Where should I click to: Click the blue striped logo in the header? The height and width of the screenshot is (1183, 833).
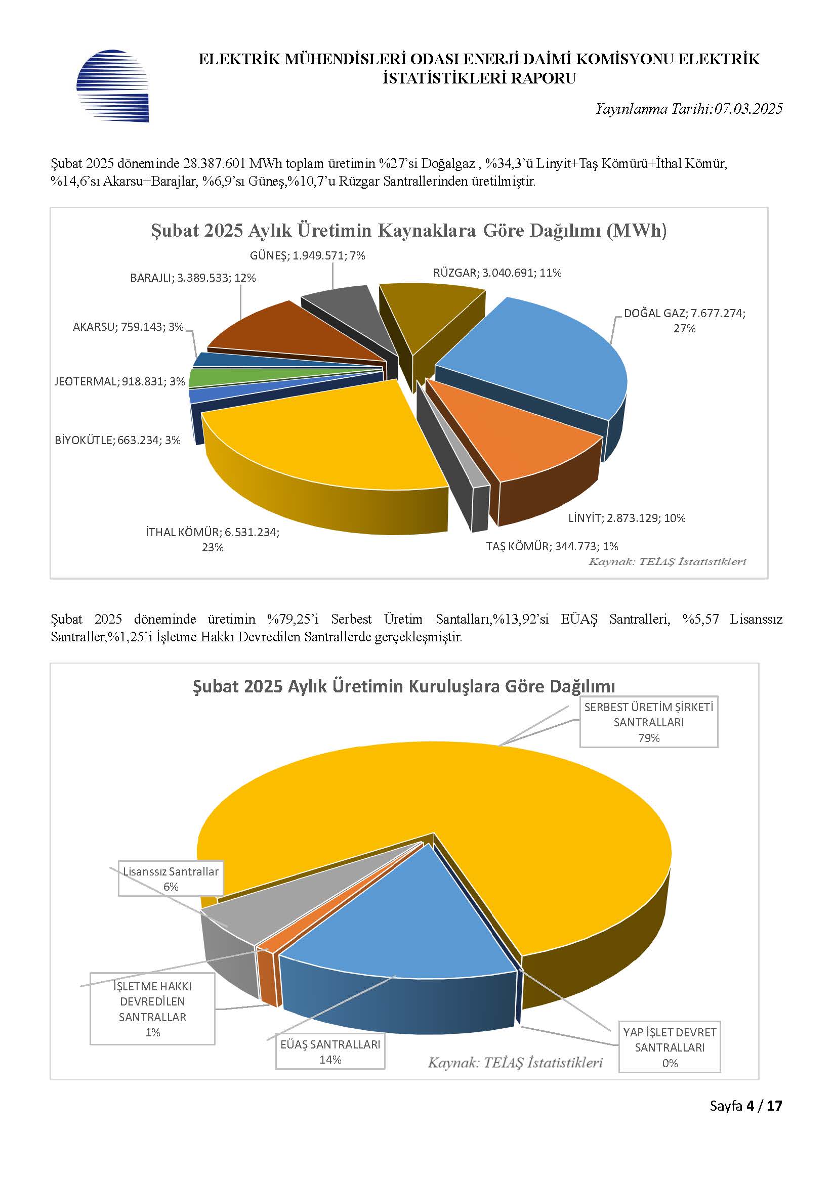(112, 85)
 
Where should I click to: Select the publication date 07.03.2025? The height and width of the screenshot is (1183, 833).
(748, 109)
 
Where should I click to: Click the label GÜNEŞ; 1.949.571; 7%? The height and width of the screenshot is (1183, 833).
(308, 255)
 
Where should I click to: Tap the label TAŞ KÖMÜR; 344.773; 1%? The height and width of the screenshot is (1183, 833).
(552, 546)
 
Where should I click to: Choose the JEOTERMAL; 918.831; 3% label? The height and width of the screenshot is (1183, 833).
(119, 381)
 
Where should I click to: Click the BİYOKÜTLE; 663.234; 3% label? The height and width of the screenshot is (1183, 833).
(117, 440)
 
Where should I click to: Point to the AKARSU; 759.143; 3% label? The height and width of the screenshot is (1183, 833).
(129, 327)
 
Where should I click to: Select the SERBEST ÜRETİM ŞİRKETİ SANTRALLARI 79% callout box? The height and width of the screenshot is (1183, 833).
(648, 722)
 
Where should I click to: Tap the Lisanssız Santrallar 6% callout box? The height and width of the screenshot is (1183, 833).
(171, 879)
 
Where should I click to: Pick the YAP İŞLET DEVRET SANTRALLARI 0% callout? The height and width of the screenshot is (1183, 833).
(670, 1047)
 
